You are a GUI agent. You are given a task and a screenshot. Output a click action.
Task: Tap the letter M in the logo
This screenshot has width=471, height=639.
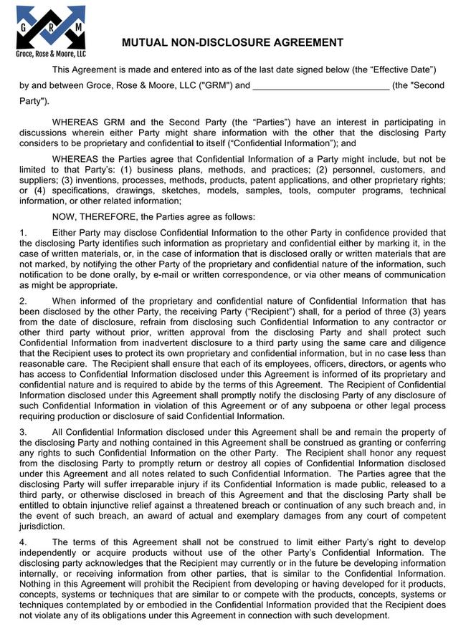pos(77,26)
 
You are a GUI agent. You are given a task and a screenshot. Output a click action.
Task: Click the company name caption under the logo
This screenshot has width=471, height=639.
pos(51,54)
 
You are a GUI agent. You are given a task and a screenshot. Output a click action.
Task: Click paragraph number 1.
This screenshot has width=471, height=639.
pos(22,233)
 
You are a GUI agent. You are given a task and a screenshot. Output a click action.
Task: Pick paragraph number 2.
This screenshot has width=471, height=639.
pos(22,301)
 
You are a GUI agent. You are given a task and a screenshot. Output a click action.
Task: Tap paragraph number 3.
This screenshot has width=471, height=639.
pos(22,432)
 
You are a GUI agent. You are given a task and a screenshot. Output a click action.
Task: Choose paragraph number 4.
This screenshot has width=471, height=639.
pos(22,542)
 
